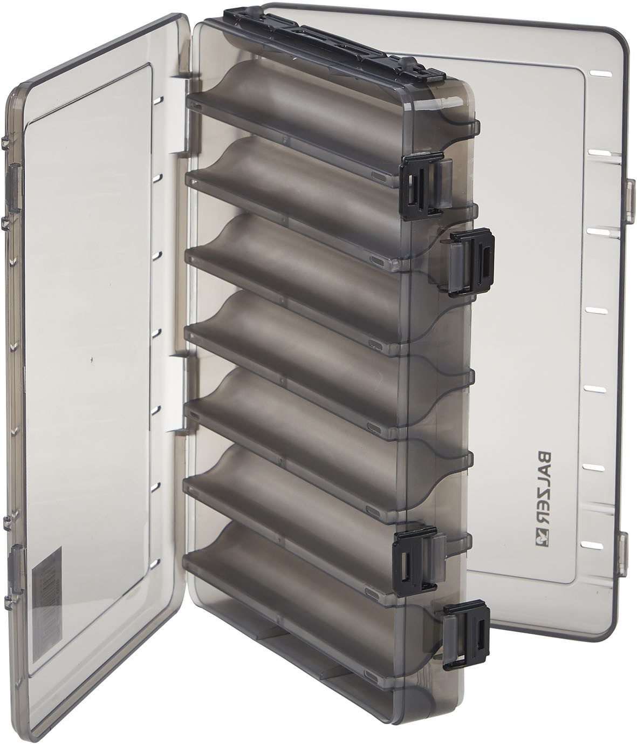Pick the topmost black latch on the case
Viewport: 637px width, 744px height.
(423, 185)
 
